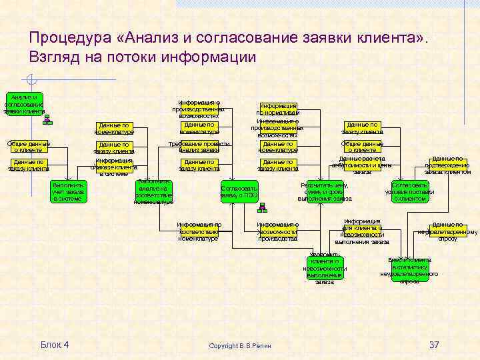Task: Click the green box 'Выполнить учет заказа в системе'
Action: click(x=69, y=191)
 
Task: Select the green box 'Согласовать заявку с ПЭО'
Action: click(x=239, y=191)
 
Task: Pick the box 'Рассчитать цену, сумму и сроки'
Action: click(x=325, y=191)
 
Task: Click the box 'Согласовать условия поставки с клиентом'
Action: click(x=409, y=191)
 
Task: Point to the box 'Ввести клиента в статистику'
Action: click(x=409, y=269)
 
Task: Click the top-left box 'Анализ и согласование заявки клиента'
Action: click(x=24, y=104)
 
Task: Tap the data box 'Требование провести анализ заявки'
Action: click(x=199, y=147)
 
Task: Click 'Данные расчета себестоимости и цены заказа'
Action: click(x=362, y=165)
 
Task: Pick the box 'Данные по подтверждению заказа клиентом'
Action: click(x=447, y=165)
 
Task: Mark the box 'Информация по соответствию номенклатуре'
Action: click(x=199, y=231)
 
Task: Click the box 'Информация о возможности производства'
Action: click(x=277, y=231)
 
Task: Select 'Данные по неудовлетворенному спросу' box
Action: click(x=447, y=231)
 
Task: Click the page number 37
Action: click(x=434, y=344)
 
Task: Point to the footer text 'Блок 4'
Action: click(x=55, y=344)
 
